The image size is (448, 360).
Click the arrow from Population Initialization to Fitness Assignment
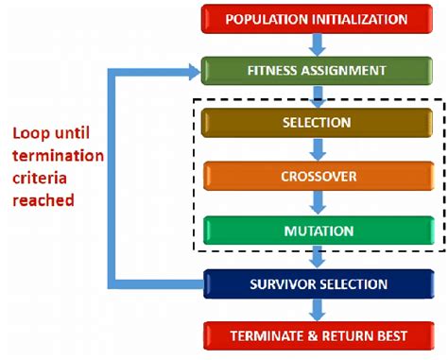coord(318,44)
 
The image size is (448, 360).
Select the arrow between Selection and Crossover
coord(318,149)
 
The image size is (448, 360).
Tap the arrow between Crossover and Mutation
coord(318,203)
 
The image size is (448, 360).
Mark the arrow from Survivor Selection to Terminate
coord(318,310)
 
